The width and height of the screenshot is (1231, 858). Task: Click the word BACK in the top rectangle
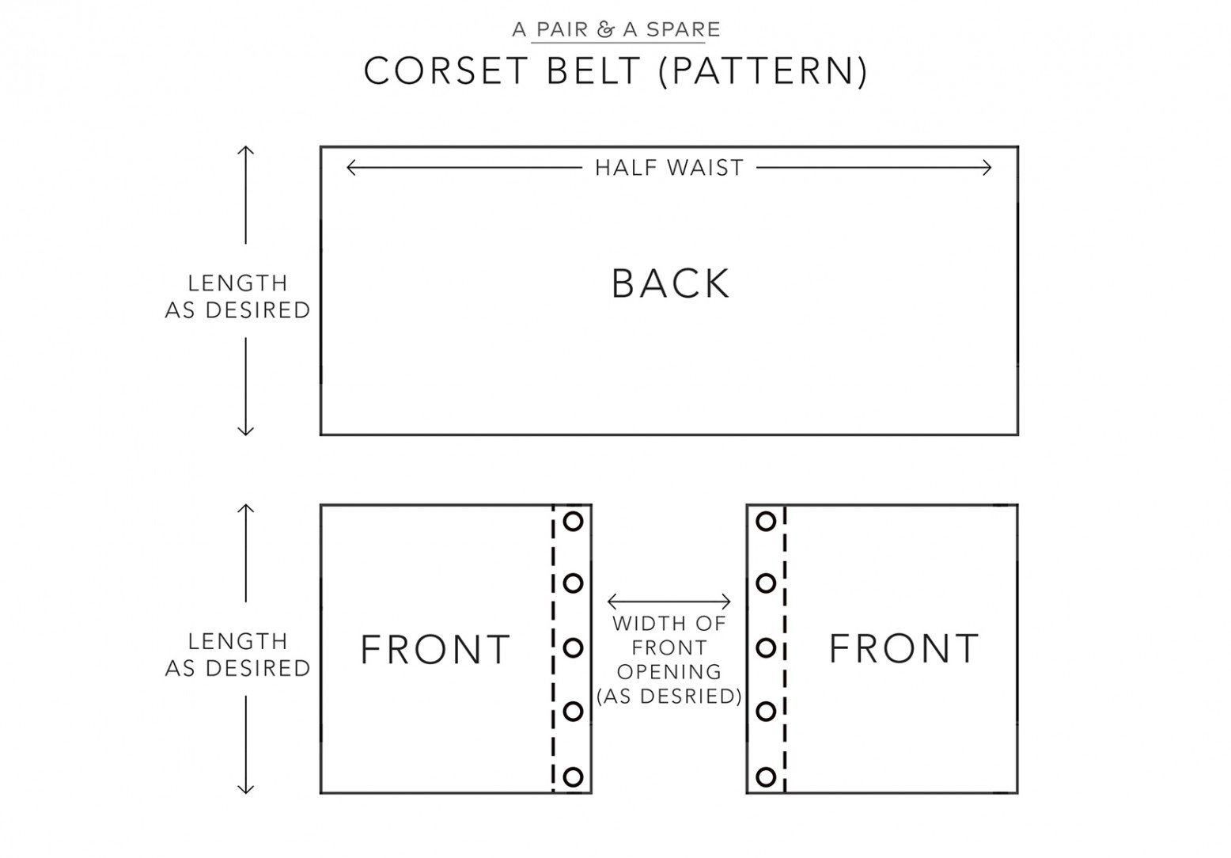click(x=670, y=283)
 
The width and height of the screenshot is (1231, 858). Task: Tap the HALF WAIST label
click(x=669, y=168)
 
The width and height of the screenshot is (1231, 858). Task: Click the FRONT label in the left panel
click(x=435, y=650)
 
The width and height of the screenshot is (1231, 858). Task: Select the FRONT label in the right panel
click(x=903, y=649)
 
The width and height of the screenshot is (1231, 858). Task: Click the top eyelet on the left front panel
click(x=573, y=522)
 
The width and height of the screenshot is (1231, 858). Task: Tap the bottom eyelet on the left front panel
click(x=573, y=776)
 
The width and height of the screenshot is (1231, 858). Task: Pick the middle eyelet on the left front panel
click(x=573, y=648)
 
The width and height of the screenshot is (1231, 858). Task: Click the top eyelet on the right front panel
click(x=766, y=522)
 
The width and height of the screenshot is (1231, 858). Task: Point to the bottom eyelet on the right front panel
click(x=766, y=776)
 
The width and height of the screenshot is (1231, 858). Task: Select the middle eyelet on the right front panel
click(x=766, y=648)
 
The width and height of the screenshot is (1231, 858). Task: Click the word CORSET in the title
click(x=446, y=71)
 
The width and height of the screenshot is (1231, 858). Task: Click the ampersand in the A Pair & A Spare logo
click(x=605, y=30)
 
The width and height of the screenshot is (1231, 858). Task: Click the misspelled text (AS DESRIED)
click(x=669, y=697)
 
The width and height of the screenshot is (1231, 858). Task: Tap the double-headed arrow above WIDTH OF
click(x=669, y=602)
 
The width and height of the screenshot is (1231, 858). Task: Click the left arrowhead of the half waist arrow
click(x=350, y=167)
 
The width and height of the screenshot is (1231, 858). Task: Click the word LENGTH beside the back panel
click(x=237, y=283)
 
